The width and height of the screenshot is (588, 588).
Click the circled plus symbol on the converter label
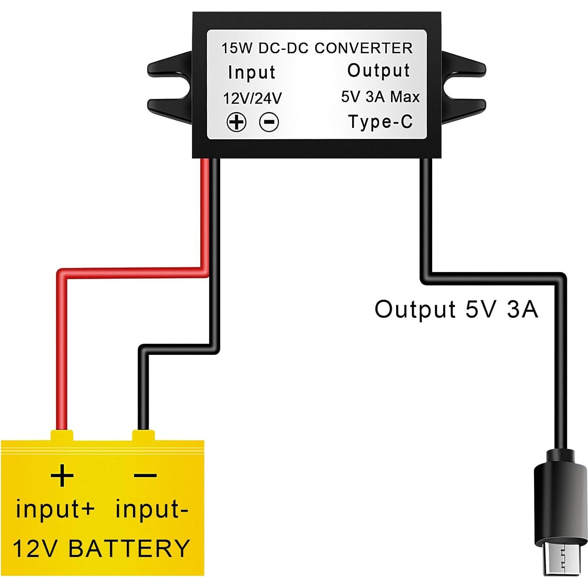pyautogui.click(x=236, y=122)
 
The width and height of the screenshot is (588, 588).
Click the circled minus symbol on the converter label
pyautogui.click(x=269, y=122)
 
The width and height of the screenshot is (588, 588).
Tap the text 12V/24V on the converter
pyautogui.click(x=252, y=98)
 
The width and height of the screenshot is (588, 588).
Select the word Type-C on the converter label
pyautogui.click(x=380, y=122)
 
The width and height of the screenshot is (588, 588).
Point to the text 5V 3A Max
pyautogui.click(x=380, y=97)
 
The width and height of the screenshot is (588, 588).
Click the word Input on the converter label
pyautogui.click(x=252, y=72)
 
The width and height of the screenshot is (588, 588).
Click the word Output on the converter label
pyautogui.click(x=378, y=71)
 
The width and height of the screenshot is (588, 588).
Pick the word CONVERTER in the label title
pyautogui.click(x=363, y=48)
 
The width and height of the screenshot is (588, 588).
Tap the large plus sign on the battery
pyautogui.click(x=62, y=475)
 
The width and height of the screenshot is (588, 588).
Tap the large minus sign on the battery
pyautogui.click(x=145, y=475)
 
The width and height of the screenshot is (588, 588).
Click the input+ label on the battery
pyautogui.click(x=55, y=509)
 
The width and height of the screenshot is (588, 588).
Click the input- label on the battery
pyautogui.click(x=152, y=509)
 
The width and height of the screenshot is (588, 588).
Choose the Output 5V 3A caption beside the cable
pyautogui.click(x=456, y=309)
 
